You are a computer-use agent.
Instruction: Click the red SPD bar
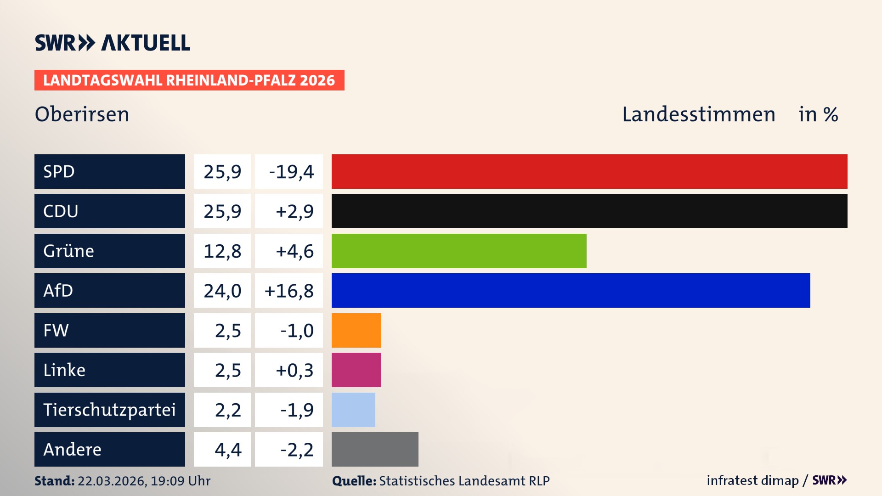point(589,171)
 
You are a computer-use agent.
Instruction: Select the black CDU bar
point(589,211)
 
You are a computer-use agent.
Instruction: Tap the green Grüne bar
point(459,251)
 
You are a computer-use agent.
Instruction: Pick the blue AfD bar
point(571,290)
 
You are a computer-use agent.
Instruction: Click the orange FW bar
point(356,330)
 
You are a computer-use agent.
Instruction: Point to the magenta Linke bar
point(356,370)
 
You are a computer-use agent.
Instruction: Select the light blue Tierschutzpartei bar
point(353,410)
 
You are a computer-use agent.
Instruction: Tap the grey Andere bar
point(375,449)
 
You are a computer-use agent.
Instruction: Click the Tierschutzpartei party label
point(109,410)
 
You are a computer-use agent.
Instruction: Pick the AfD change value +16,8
point(289,290)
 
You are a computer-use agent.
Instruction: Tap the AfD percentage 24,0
point(222,290)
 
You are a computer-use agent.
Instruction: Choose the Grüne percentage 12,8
point(222,251)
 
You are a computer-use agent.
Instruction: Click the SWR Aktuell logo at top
point(112,43)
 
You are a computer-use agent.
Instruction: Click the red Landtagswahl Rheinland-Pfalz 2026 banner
point(189,80)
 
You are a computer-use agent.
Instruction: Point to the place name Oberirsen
point(82,114)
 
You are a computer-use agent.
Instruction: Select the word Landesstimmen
point(698,114)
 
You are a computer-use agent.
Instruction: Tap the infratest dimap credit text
point(752,480)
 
